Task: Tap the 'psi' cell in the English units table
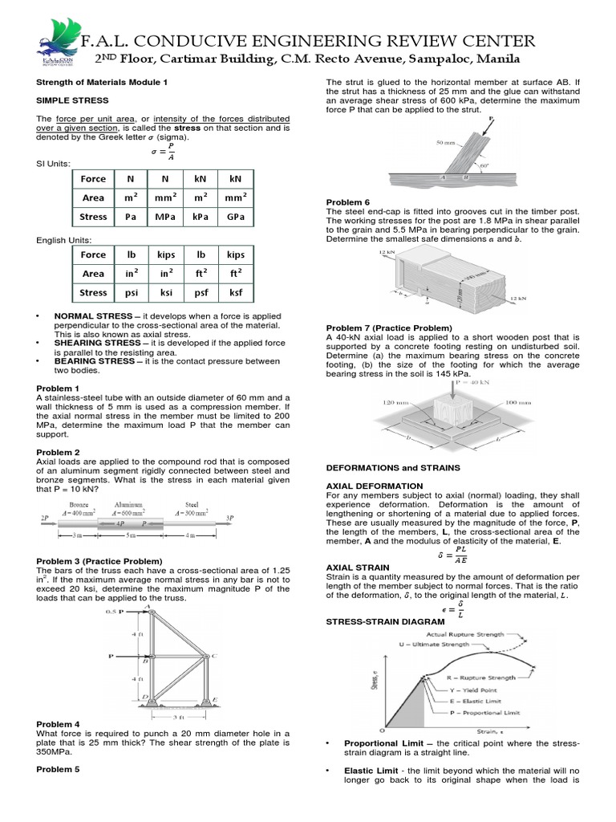point(128,293)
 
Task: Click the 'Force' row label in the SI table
point(93,178)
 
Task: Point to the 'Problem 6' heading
point(347,201)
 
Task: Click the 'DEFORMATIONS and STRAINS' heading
point(393,466)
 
